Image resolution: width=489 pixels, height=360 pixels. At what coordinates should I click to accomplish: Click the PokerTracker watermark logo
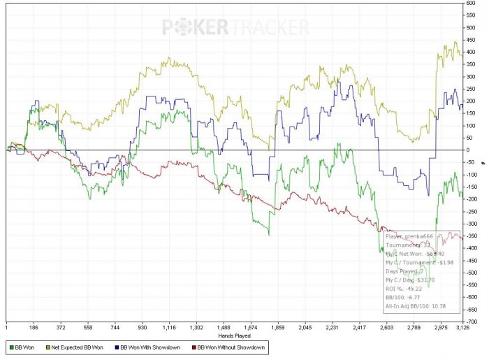235,27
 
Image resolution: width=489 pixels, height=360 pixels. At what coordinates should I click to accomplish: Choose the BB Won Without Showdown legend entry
231,347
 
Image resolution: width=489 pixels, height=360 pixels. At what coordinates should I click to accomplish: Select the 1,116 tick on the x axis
170,327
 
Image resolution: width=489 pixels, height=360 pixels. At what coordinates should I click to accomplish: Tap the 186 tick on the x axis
33,327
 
